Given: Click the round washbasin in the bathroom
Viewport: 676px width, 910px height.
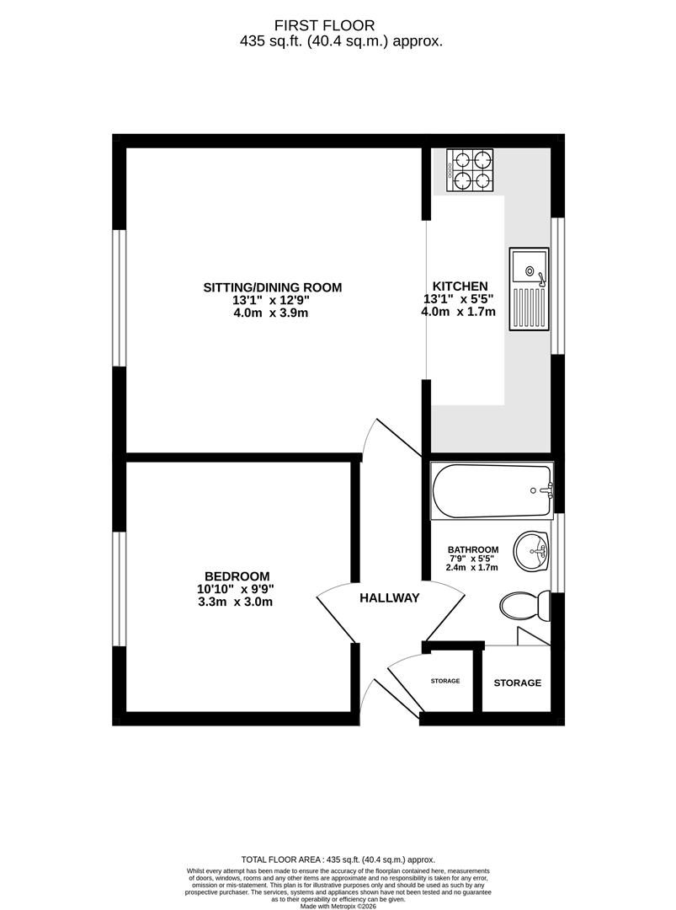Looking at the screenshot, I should [x=532, y=551].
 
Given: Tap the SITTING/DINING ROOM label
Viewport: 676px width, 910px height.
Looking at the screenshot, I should [x=273, y=287].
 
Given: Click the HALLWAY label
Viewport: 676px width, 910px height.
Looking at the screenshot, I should [x=390, y=598].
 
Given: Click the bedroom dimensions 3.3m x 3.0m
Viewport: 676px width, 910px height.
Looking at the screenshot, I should [x=236, y=602].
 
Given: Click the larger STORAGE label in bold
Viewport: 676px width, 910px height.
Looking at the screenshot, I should [x=517, y=682].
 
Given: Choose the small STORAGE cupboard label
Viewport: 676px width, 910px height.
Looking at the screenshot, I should [x=445, y=680].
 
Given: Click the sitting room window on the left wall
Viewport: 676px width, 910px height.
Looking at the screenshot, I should [x=120, y=297].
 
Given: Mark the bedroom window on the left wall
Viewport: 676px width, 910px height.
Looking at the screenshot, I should [x=120, y=590].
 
